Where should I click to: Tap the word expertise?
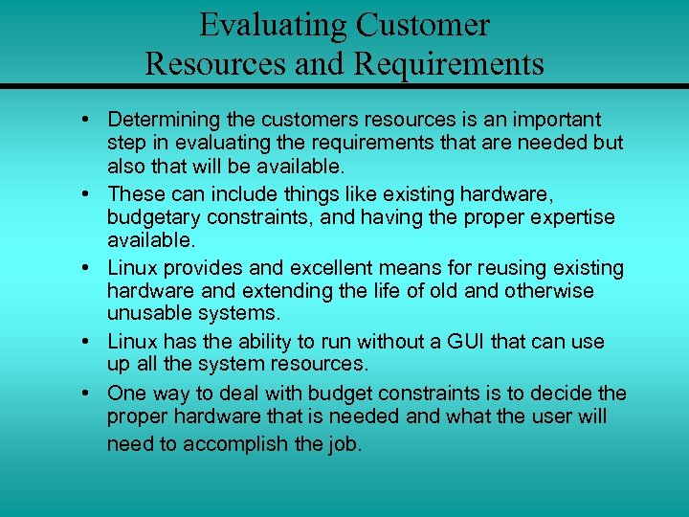coord(570,217)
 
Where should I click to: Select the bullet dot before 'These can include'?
coord(87,195)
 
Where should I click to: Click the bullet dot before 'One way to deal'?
coord(87,393)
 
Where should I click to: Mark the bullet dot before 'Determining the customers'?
coord(87,121)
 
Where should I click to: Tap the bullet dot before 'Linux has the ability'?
coord(87,342)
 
